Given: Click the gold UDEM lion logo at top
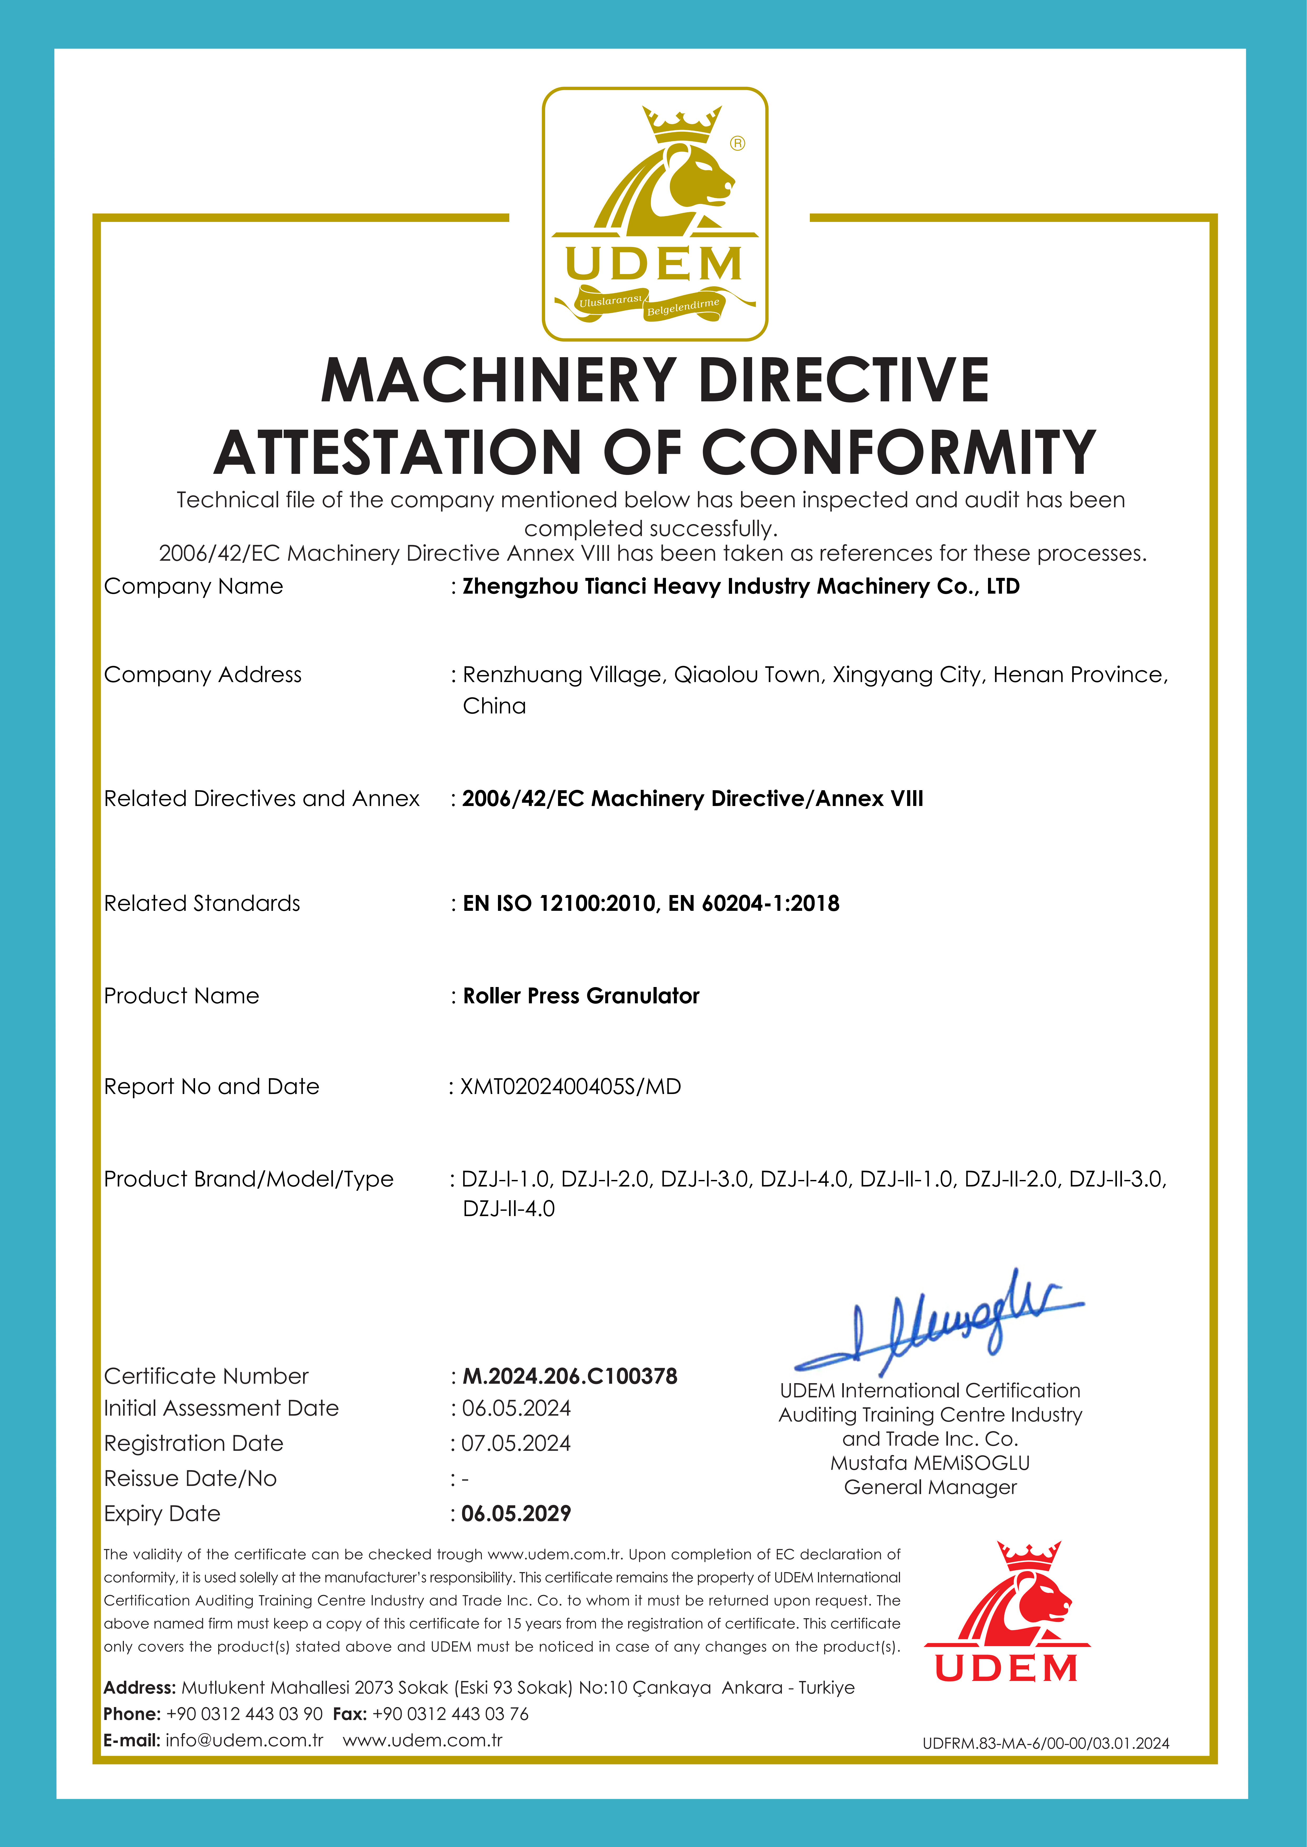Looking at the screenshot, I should click(x=654, y=213).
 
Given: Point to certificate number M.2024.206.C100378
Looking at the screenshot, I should click(x=570, y=1376).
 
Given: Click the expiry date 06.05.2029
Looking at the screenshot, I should click(x=516, y=1514).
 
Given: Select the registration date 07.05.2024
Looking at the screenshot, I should click(x=516, y=1444).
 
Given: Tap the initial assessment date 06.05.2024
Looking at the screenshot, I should click(x=516, y=1409).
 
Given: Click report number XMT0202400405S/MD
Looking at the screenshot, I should click(x=571, y=1087).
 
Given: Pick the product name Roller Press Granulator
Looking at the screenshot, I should click(x=581, y=996).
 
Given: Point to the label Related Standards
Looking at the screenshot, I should click(x=202, y=903).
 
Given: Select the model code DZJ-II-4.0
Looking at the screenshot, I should click(x=509, y=1209).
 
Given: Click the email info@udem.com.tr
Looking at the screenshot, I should click(x=245, y=1740).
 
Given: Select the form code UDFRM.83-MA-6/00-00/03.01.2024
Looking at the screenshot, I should click(x=1045, y=1743).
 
